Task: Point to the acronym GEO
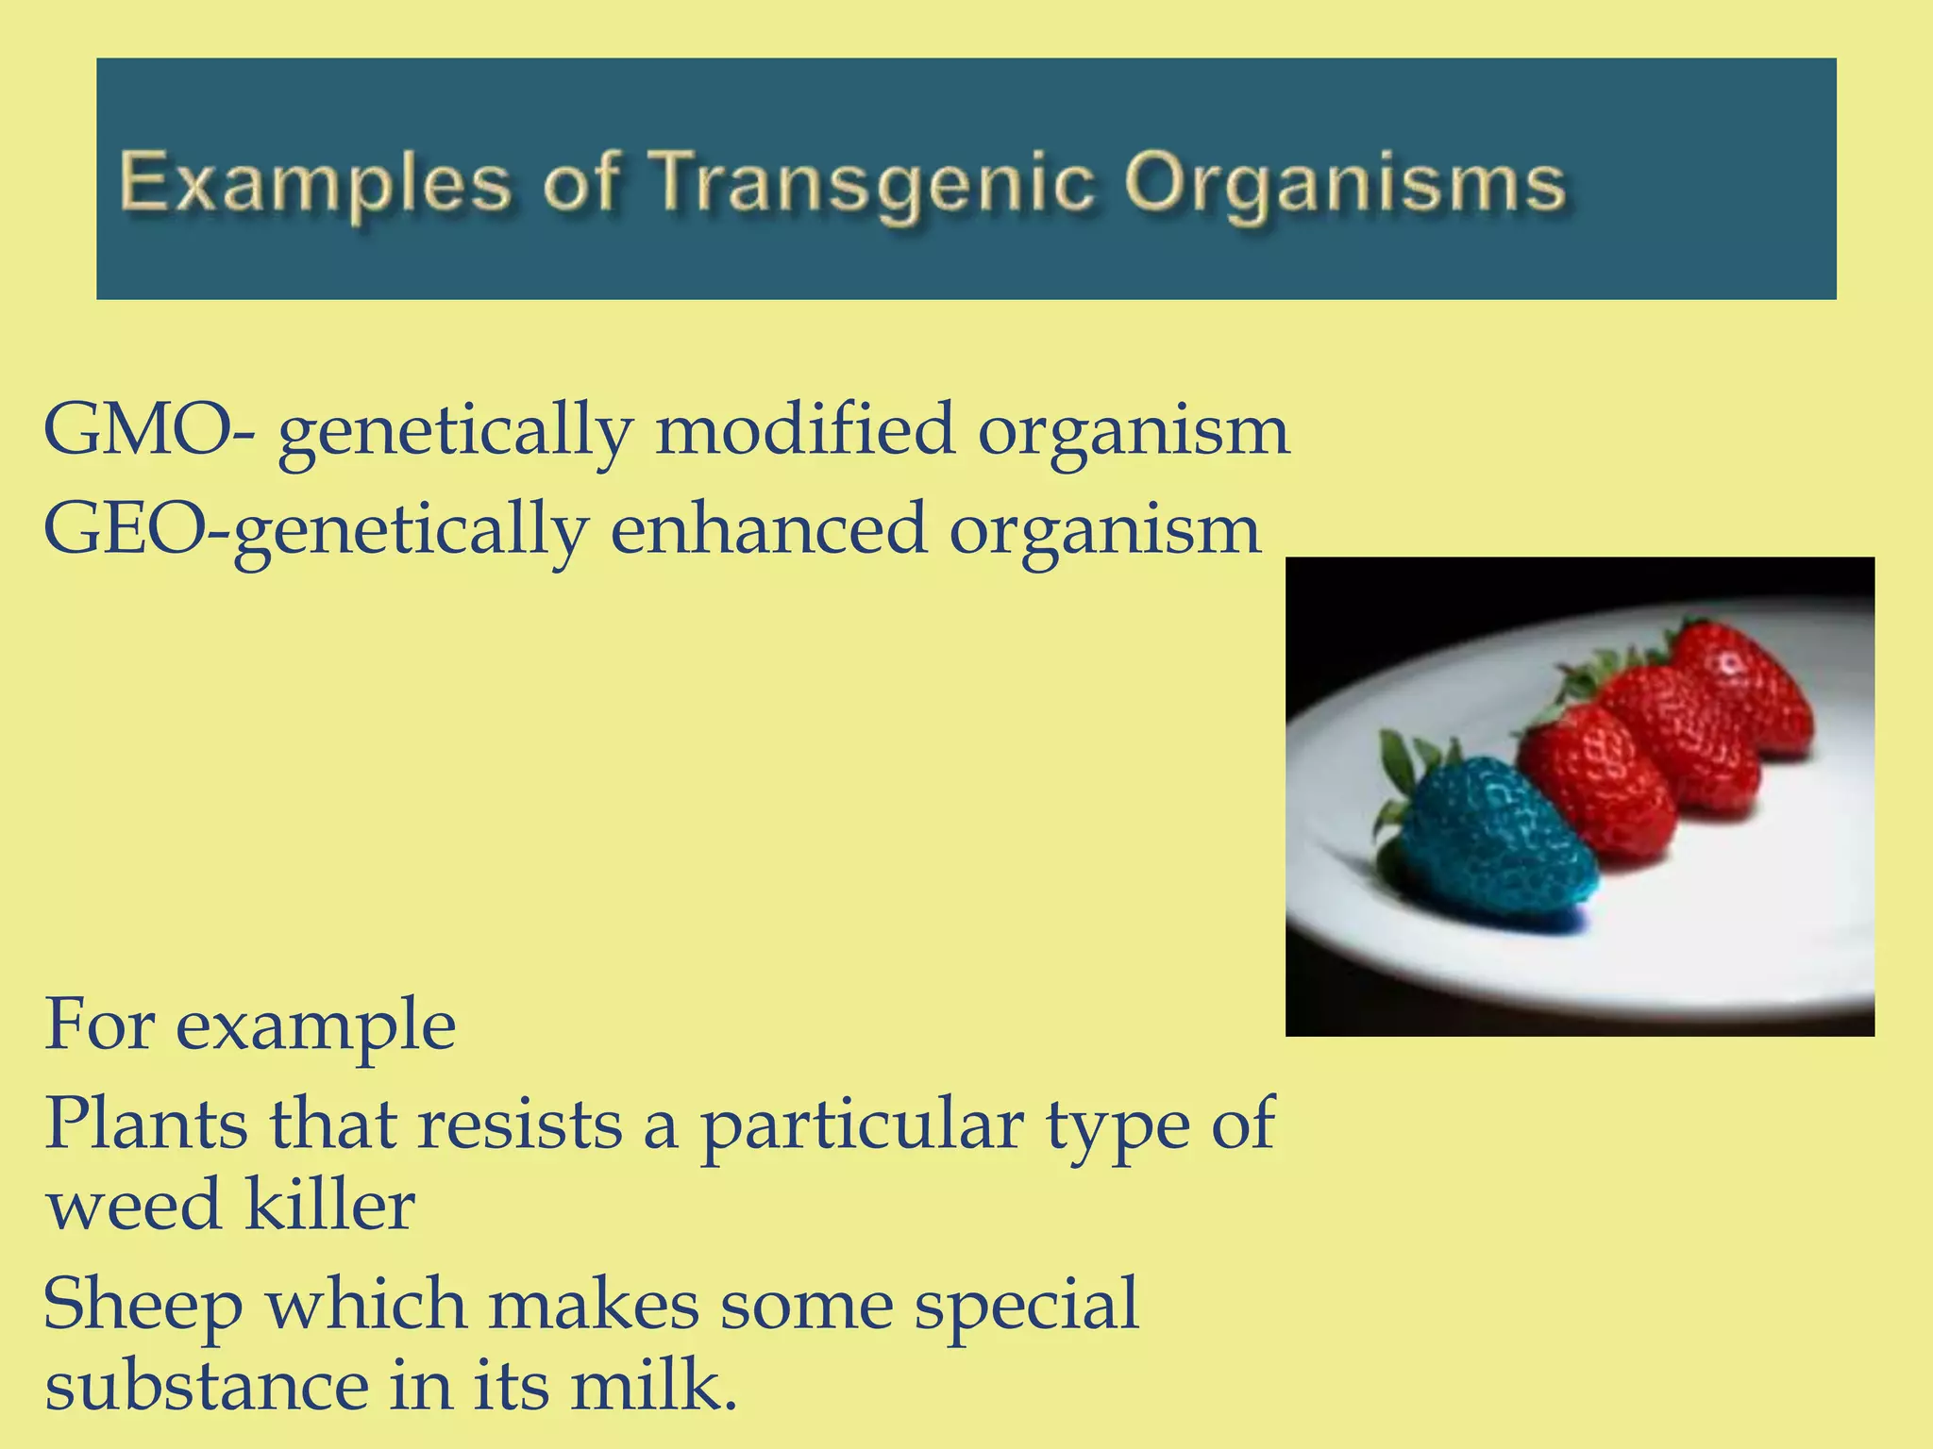click(124, 529)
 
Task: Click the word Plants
click(146, 1124)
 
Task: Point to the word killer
click(330, 1205)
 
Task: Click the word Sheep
click(143, 1306)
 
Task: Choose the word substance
click(207, 1385)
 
